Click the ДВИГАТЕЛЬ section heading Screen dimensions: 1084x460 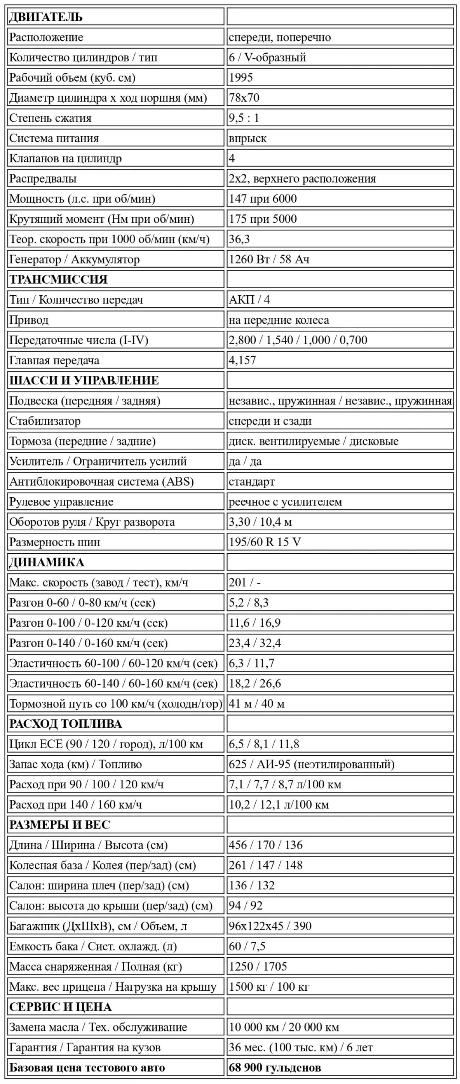pyautogui.click(x=45, y=17)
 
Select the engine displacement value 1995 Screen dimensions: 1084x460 pyautogui.click(x=241, y=77)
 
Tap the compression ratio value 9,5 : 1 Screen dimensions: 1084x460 pyautogui.click(x=244, y=118)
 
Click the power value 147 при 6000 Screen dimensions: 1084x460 pyautogui.click(x=263, y=199)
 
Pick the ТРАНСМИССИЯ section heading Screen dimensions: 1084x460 pyautogui.click(x=58, y=279)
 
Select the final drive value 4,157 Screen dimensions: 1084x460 pyautogui.click(x=242, y=360)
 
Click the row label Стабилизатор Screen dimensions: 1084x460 pyautogui.click(x=45, y=421)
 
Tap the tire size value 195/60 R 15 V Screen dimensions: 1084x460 pyautogui.click(x=265, y=542)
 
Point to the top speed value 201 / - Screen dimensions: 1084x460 pyautogui.click(x=245, y=582)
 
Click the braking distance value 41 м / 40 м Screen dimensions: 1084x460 pyautogui.click(x=256, y=703)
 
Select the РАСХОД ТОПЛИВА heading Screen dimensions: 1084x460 pyautogui.click(x=65, y=724)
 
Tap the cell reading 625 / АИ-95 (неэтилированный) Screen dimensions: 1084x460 pyautogui.click(x=311, y=764)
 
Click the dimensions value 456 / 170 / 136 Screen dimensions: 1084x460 pyautogui.click(x=265, y=845)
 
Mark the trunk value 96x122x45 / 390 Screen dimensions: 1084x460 pyautogui.click(x=270, y=926)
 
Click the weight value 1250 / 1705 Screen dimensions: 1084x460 pyautogui.click(x=258, y=966)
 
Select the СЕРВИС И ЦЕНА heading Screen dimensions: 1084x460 pyautogui.click(x=60, y=1007)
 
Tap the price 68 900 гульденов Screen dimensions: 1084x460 pyautogui.click(x=274, y=1068)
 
